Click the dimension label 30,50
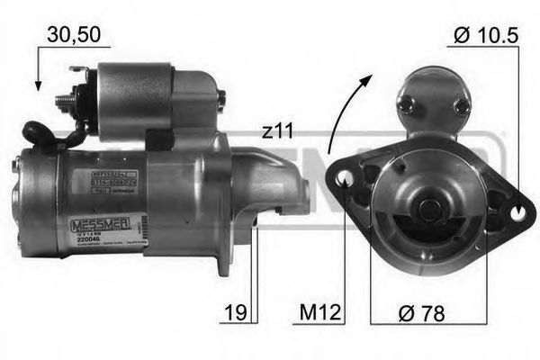tap(73, 36)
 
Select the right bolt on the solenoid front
tap(462, 105)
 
